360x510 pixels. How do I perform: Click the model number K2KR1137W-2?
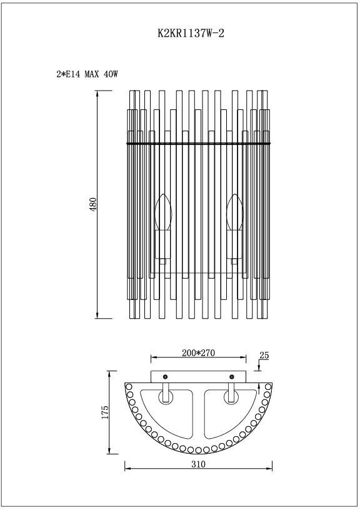pyautogui.click(x=191, y=35)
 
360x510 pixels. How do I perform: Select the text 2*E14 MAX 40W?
pyautogui.click(x=87, y=74)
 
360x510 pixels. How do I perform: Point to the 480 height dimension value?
pyautogui.click(x=93, y=204)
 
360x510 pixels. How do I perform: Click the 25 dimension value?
pyautogui.click(x=264, y=355)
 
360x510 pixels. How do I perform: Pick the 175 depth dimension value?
pyautogui.click(x=104, y=412)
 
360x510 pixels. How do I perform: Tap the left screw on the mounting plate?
pyautogui.click(x=165, y=376)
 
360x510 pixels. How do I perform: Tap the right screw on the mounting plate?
pyautogui.click(x=232, y=376)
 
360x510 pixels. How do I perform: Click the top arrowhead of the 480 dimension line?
pyautogui.click(x=97, y=94)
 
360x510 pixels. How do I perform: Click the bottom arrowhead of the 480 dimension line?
pyautogui.click(x=97, y=316)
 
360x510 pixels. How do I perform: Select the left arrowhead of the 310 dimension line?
pyautogui.click(x=127, y=466)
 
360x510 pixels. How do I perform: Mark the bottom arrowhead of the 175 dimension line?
pyautogui.click(x=110, y=451)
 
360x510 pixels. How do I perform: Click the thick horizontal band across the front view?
pyautogui.click(x=198, y=143)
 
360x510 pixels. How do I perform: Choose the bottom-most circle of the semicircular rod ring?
pyautogui.click(x=198, y=449)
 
